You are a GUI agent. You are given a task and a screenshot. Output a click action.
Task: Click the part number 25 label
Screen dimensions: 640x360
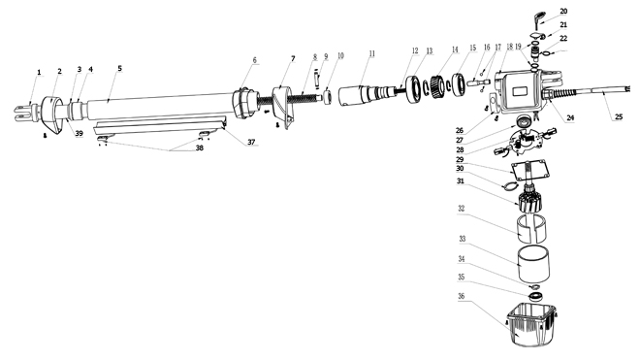pyautogui.click(x=619, y=116)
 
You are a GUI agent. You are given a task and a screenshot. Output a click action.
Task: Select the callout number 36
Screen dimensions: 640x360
pyautogui.click(x=462, y=296)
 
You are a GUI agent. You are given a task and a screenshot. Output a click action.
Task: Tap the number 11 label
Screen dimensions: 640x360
pyautogui.click(x=371, y=53)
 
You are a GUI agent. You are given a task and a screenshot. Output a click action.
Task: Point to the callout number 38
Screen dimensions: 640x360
pyautogui.click(x=199, y=147)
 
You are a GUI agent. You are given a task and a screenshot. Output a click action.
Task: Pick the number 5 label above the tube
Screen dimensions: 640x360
pyautogui.click(x=119, y=68)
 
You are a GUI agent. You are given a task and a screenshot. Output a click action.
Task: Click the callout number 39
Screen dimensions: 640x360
pyautogui.click(x=80, y=133)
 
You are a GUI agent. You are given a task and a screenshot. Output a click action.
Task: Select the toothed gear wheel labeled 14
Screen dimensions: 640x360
pyautogui.click(x=437, y=87)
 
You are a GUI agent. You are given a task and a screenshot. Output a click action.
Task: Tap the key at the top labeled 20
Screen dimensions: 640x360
pyautogui.click(x=539, y=19)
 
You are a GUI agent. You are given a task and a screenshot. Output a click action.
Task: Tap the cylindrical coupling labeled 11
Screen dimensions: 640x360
pyautogui.click(x=361, y=96)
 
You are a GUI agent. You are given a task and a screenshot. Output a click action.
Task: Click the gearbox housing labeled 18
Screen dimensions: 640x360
pyautogui.click(x=521, y=90)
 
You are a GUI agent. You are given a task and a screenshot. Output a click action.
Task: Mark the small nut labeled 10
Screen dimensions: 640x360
pyautogui.click(x=329, y=97)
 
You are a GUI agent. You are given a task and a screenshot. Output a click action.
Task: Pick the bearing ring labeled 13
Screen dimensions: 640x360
pyautogui.click(x=415, y=90)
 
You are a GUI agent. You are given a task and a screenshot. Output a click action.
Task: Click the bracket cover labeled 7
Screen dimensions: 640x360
pyautogui.click(x=284, y=107)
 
